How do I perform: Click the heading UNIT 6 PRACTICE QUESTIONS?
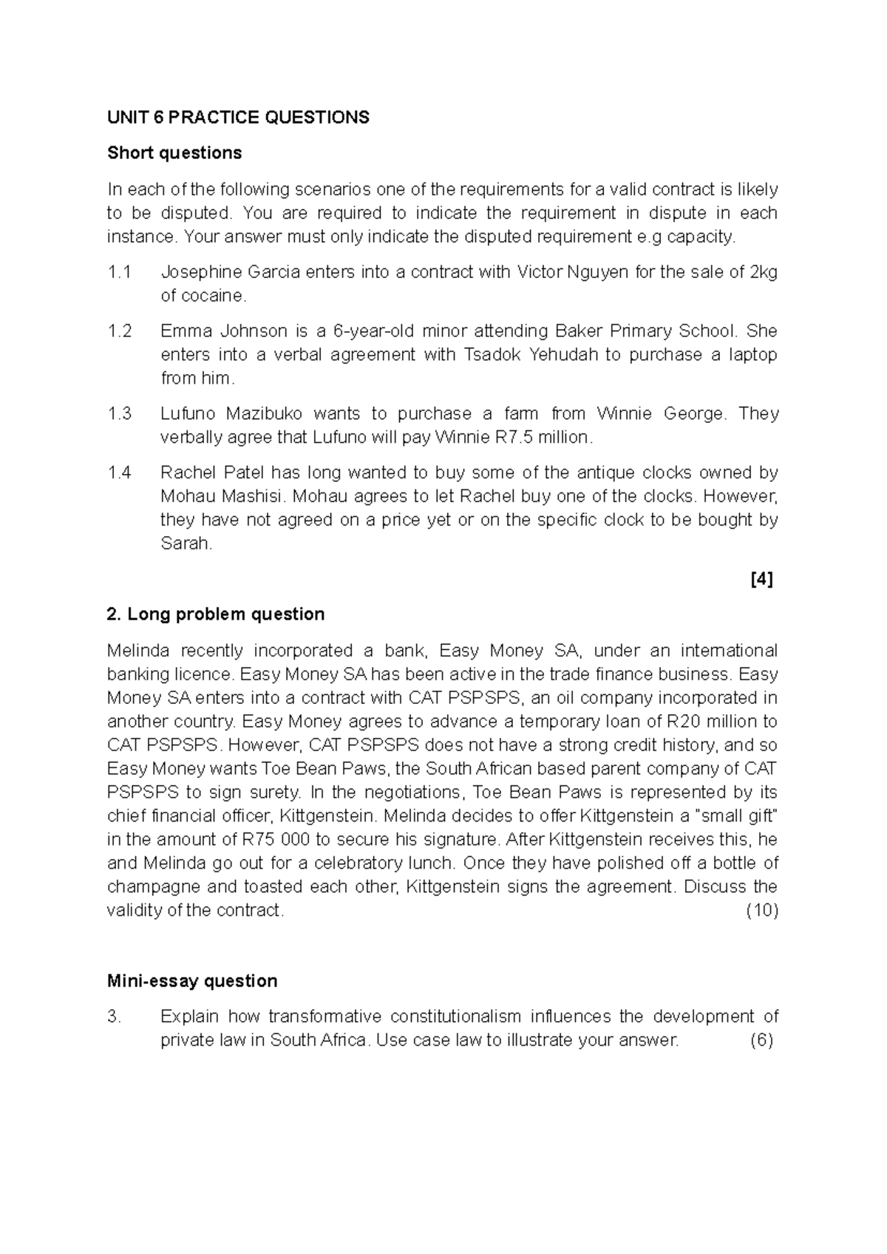238,118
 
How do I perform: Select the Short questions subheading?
174,153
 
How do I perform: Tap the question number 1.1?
119,272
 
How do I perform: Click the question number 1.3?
119,413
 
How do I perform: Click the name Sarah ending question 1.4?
186,543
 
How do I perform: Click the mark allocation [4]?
761,579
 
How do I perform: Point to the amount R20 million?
705,722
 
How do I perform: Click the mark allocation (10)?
762,910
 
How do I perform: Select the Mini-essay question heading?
192,981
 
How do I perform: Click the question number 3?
114,1017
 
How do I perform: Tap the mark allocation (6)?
761,1040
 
